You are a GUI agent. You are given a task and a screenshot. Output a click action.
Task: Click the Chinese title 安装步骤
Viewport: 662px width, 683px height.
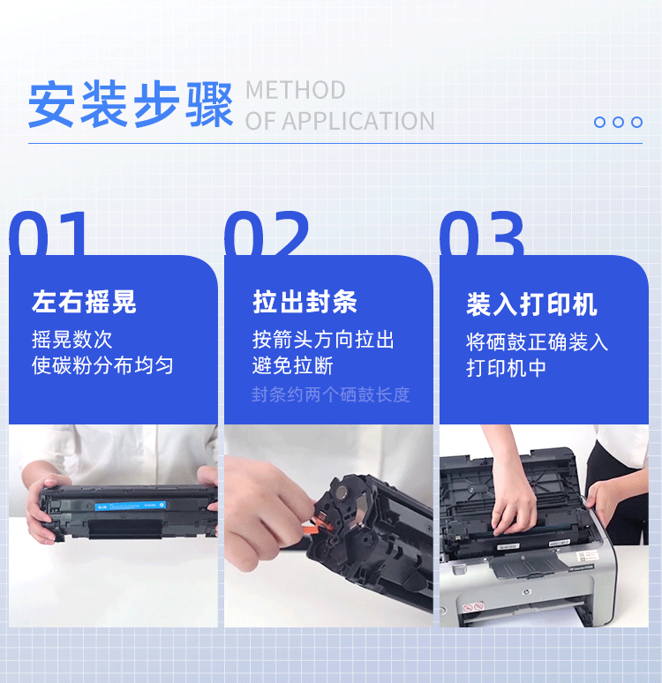click(x=131, y=104)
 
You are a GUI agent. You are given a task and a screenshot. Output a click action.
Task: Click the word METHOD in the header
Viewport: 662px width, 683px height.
click(x=296, y=90)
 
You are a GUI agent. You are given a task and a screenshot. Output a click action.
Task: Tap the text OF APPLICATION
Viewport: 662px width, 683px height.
click(x=340, y=121)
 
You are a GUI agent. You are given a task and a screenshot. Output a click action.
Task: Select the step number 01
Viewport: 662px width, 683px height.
click(x=48, y=233)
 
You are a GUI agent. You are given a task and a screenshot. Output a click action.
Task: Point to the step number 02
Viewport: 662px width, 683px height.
click(x=267, y=233)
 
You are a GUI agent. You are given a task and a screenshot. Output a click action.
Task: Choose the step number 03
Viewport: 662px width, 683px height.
click(x=482, y=233)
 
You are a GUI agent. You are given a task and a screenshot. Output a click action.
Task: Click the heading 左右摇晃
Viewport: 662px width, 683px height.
click(x=84, y=302)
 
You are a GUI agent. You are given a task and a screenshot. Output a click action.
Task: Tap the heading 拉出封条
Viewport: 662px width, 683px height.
click(x=305, y=302)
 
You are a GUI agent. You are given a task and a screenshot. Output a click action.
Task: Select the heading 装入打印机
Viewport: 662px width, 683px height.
click(x=531, y=304)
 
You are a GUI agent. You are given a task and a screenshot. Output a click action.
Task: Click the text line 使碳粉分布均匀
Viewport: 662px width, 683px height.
click(x=102, y=365)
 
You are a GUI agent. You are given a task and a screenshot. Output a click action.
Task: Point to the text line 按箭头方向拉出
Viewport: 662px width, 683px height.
click(x=323, y=340)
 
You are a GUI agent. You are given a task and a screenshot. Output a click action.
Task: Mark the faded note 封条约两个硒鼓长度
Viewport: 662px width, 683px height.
click(x=331, y=394)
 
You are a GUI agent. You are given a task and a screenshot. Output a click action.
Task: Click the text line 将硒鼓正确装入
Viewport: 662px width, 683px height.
click(x=537, y=341)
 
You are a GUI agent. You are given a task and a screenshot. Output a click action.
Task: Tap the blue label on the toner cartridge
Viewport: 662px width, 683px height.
click(x=131, y=506)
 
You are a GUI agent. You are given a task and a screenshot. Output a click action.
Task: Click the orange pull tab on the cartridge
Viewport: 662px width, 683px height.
click(x=317, y=524)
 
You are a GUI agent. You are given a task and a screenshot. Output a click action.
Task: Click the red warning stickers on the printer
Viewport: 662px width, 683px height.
click(x=473, y=607)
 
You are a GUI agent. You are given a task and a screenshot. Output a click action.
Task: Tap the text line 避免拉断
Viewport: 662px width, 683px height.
click(x=293, y=365)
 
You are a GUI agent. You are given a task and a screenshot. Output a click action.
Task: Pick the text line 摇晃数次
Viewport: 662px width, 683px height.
click(x=71, y=340)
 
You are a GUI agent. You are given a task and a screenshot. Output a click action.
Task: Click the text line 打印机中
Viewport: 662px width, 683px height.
click(x=506, y=368)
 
